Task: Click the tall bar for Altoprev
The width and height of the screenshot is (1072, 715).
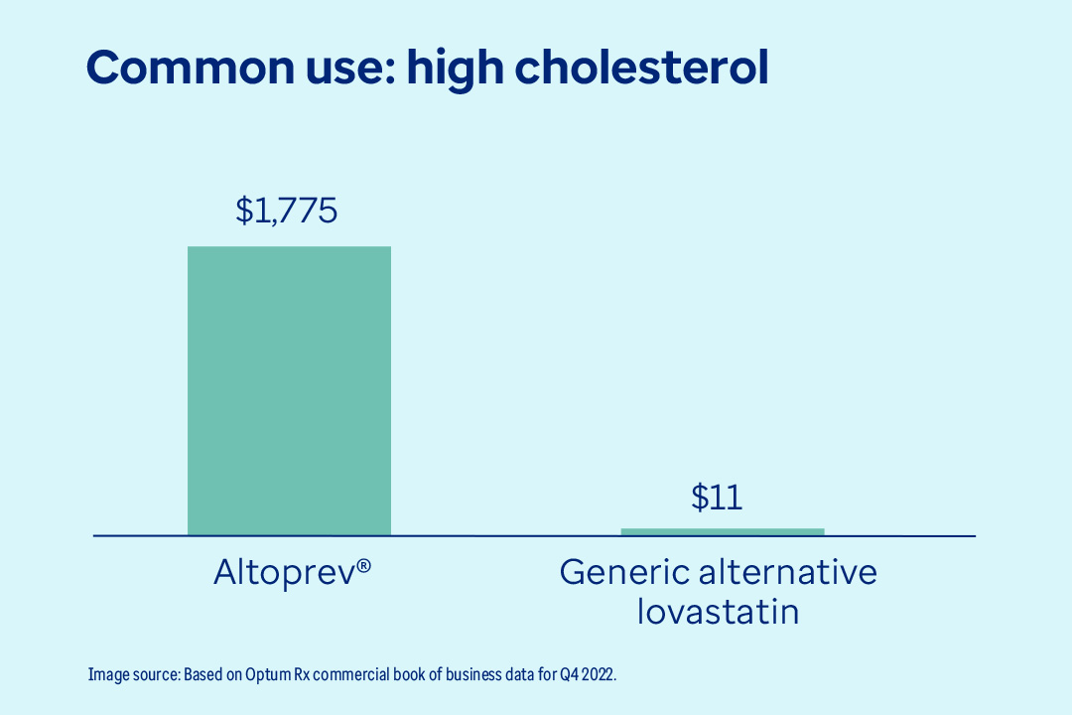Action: click(289, 390)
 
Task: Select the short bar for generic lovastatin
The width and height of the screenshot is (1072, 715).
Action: click(722, 531)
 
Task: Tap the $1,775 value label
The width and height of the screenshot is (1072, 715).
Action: click(287, 211)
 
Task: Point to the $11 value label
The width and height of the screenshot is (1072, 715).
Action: click(717, 498)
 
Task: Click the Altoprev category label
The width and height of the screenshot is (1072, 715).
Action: click(292, 573)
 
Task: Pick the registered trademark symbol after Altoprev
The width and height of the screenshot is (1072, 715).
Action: click(364, 565)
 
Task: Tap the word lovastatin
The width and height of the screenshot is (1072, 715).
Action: click(717, 611)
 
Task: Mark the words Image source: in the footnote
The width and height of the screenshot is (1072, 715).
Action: click(134, 674)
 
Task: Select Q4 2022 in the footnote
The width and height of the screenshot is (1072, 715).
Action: click(588, 674)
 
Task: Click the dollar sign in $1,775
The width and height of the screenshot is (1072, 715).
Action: click(244, 211)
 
